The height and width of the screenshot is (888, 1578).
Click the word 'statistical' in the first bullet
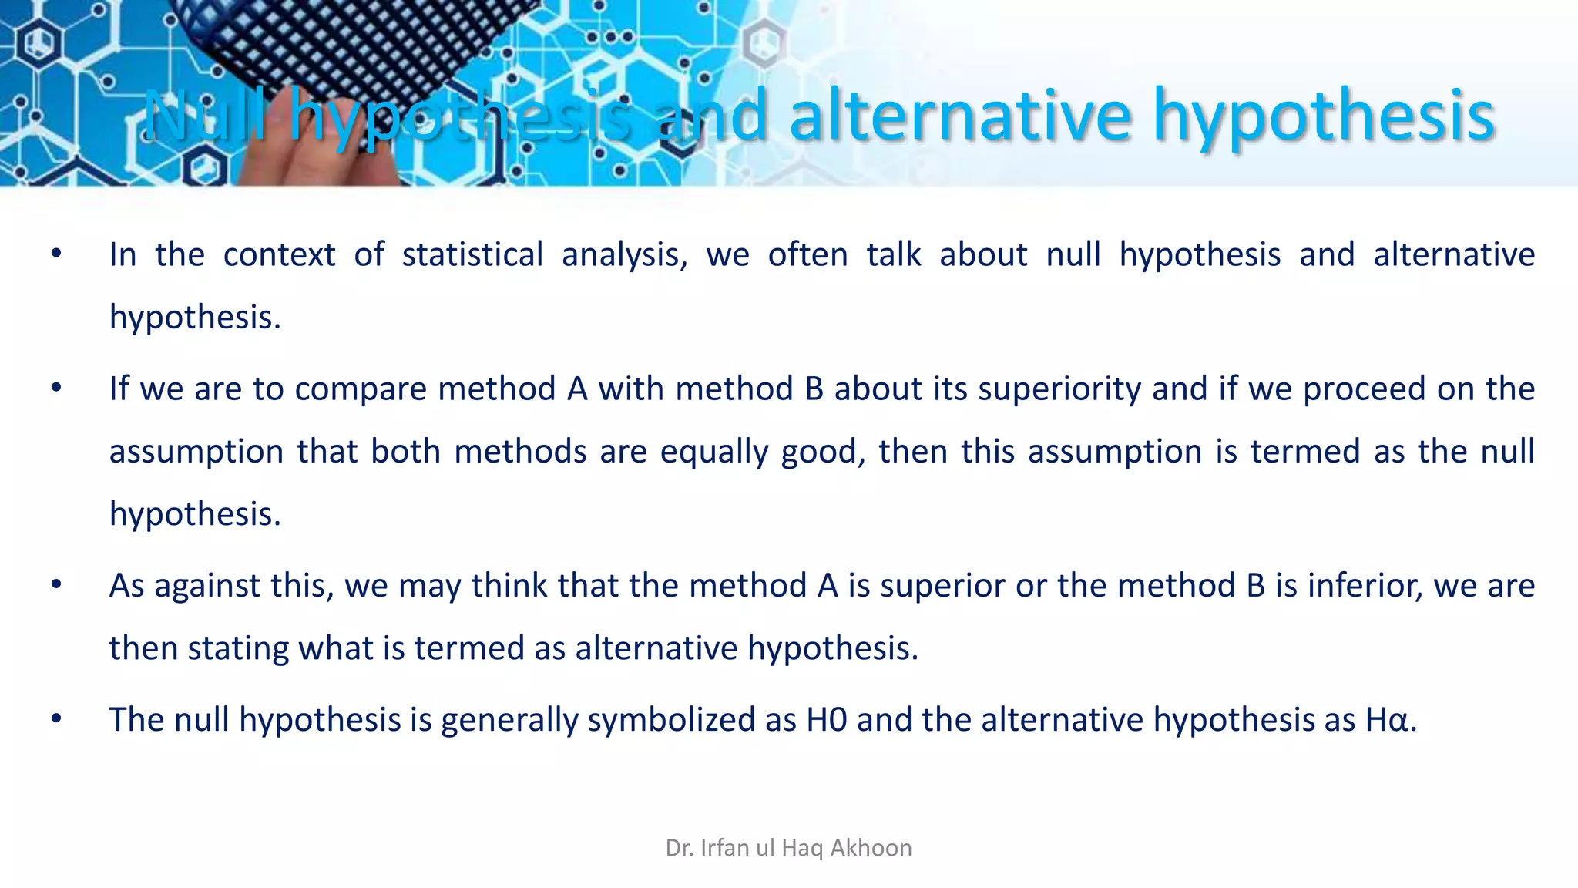click(x=472, y=254)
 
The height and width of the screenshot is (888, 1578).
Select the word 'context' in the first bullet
click(x=279, y=254)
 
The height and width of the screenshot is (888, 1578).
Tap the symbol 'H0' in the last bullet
click(x=827, y=720)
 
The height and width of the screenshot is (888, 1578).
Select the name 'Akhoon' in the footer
click(x=871, y=848)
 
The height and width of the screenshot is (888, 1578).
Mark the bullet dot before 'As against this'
click(x=56, y=585)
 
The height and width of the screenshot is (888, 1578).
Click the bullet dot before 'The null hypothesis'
click(x=56, y=719)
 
